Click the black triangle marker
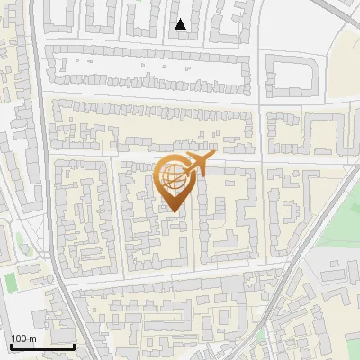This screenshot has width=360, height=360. tap(181, 25)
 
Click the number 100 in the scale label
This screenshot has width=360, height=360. tap(18, 338)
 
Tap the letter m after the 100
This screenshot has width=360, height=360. tap(31, 338)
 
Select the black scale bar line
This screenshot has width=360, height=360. tap(41, 346)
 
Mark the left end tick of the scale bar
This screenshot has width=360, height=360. tap(10, 344)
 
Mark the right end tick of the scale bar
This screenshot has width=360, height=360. tap(74, 344)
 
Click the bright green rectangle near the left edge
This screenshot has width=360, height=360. tap(11, 282)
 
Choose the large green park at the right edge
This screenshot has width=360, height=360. tap(342, 216)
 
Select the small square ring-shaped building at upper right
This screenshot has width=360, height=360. tap(294, 74)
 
